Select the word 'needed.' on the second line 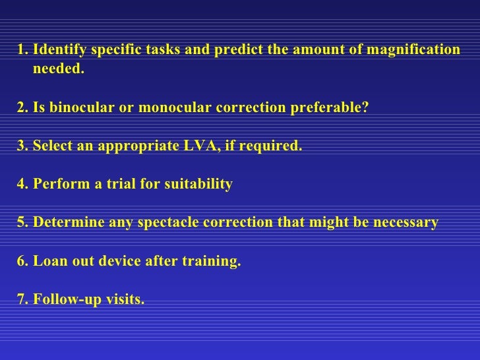pos(59,69)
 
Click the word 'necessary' pos(406,222)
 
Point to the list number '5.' pos(23,222)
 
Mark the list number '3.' pos(23,146)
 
